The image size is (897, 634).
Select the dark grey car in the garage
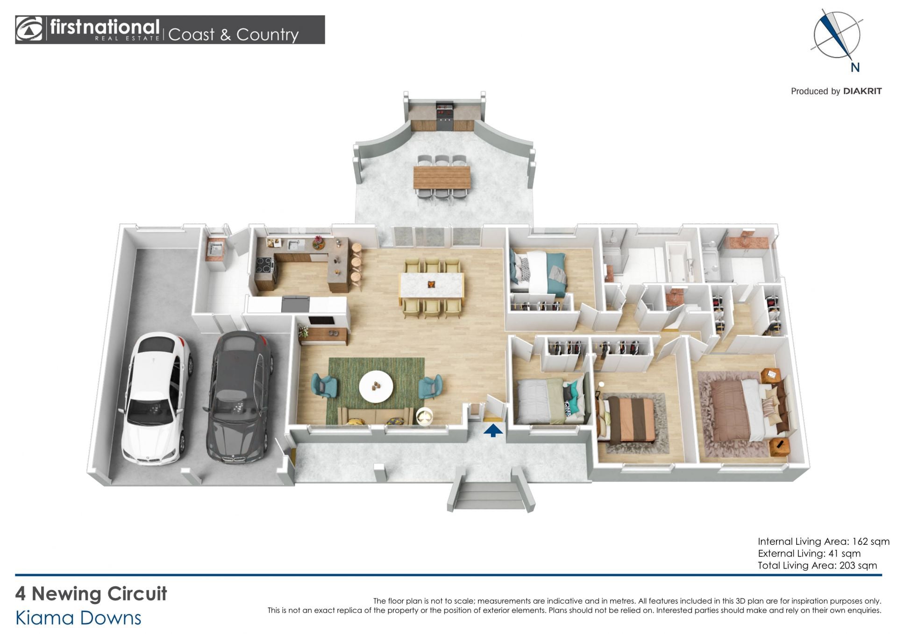point(240,397)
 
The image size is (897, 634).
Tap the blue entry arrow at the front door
point(493,430)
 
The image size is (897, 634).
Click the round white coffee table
point(376,386)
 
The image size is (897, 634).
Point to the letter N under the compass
point(855,68)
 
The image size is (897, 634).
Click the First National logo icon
point(29,29)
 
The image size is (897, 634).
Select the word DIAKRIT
point(862,91)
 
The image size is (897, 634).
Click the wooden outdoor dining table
point(442,178)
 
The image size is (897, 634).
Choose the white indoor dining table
point(431,285)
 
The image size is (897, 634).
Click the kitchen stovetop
point(265,265)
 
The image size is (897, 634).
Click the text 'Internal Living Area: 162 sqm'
point(824,541)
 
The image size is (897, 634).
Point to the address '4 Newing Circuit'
point(91,594)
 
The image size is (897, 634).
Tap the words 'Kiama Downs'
point(78,618)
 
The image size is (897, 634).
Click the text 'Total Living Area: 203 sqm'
point(818,565)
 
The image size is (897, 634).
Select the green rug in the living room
point(376,390)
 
